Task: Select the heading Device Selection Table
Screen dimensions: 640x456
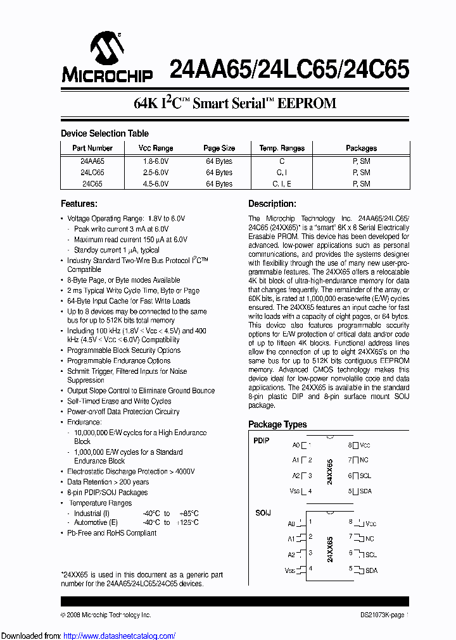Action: (104, 133)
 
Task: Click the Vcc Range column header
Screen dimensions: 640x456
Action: (156, 148)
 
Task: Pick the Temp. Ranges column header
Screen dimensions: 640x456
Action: (282, 148)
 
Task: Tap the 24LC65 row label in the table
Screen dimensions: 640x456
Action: (92, 172)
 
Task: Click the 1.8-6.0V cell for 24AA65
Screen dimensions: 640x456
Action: (156, 161)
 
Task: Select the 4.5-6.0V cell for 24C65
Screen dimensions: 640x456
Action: (156, 184)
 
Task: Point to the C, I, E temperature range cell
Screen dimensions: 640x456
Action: (282, 184)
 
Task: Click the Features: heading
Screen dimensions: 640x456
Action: (79, 204)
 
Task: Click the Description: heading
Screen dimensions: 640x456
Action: (272, 204)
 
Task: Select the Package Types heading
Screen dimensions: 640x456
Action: (277, 424)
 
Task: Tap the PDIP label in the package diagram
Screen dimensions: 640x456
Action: (262, 441)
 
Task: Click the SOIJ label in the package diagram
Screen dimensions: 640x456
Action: (262, 513)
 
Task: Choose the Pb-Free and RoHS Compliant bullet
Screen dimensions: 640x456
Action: (111, 533)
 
